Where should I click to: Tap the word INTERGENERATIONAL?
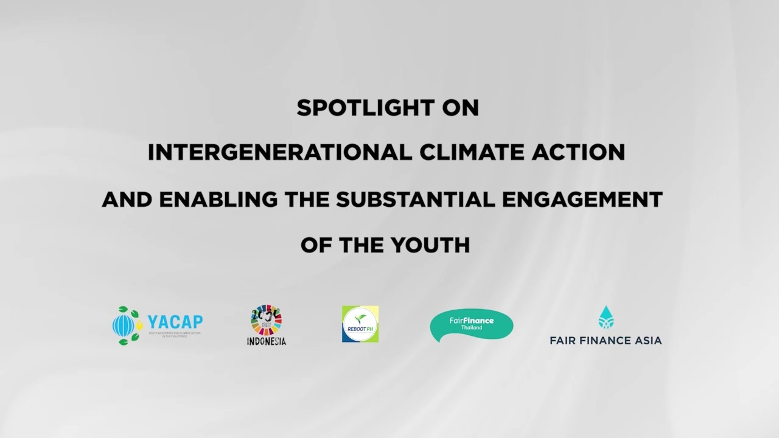(x=279, y=153)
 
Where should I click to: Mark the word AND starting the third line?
(x=125, y=200)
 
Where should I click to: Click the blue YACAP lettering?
(x=175, y=322)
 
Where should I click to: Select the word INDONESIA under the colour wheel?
(x=266, y=341)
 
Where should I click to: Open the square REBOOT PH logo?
(x=360, y=324)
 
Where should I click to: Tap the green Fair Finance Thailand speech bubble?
(x=471, y=325)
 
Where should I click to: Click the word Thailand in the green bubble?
(x=471, y=328)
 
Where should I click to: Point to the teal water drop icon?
(x=606, y=318)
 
